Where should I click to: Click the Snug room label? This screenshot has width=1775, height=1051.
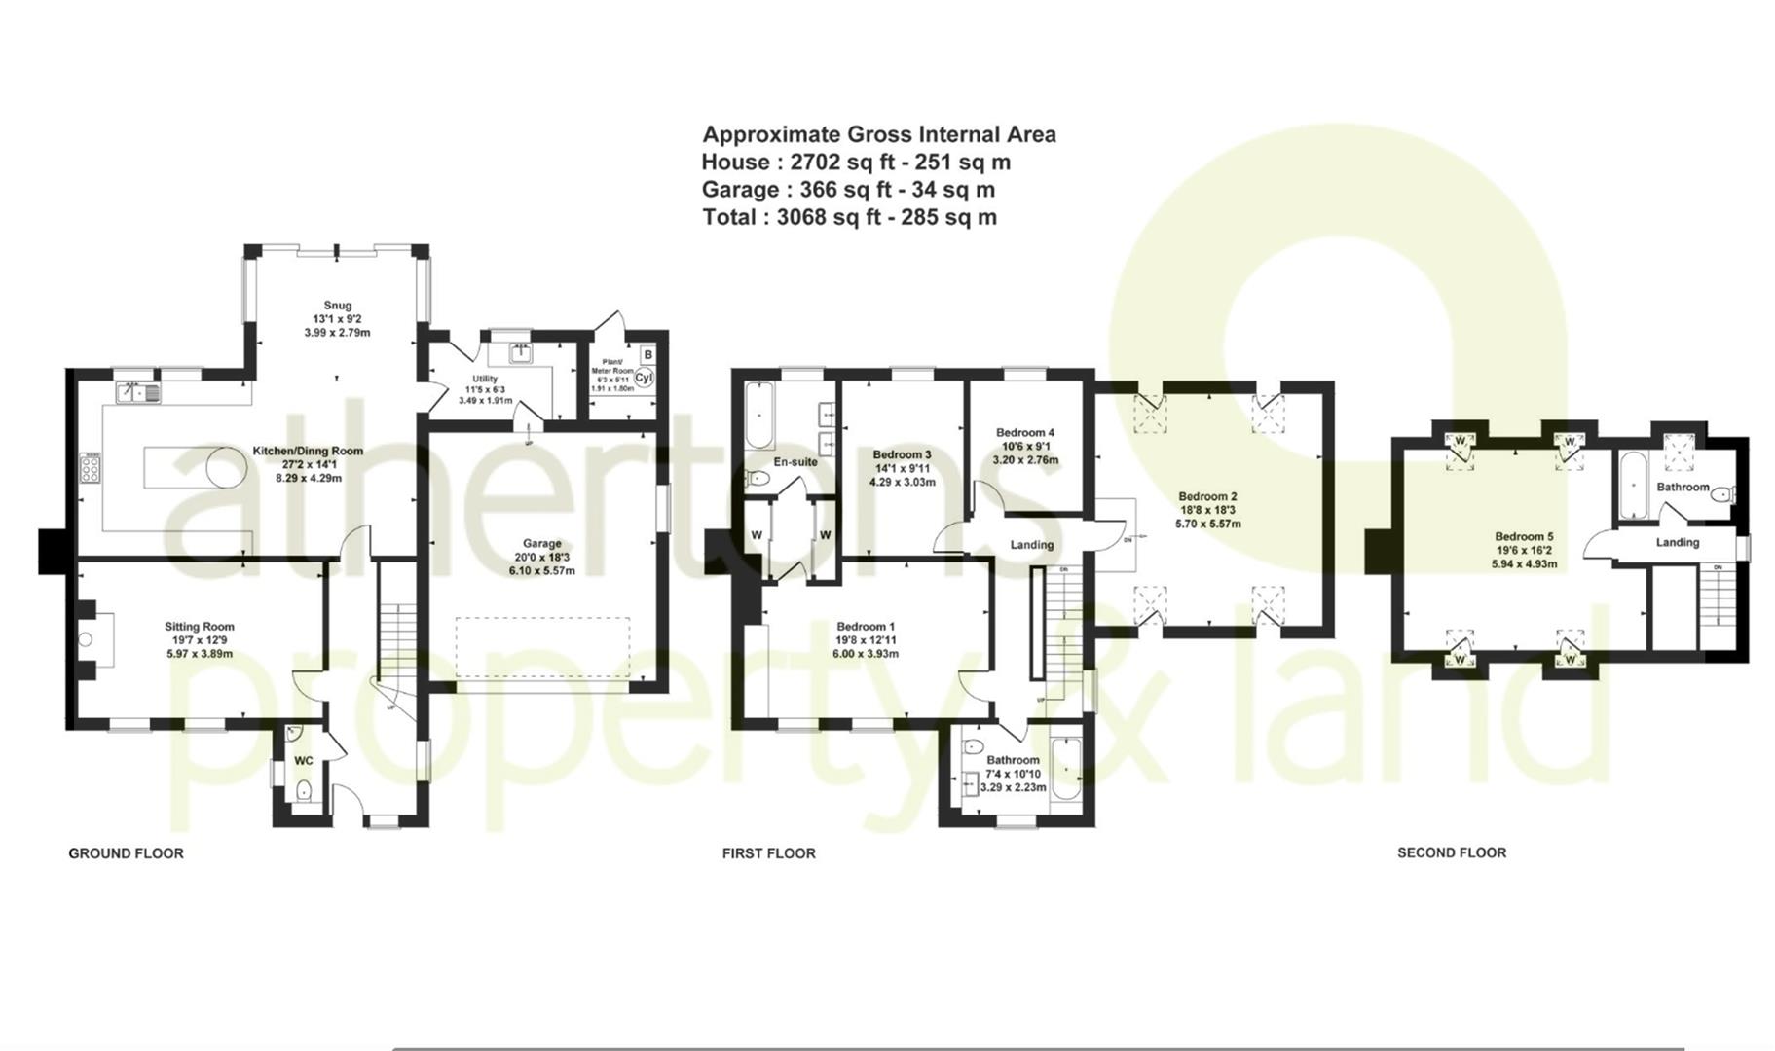pyautogui.click(x=338, y=306)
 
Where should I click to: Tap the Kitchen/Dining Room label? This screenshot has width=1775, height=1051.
pyautogui.click(x=308, y=452)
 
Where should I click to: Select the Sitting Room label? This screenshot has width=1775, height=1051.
pyautogui.click(x=200, y=627)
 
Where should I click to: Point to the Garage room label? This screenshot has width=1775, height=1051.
pyautogui.click(x=542, y=544)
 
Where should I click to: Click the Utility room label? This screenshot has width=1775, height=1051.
pyautogui.click(x=485, y=379)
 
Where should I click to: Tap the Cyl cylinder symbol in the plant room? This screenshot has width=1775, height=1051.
pyautogui.click(x=644, y=378)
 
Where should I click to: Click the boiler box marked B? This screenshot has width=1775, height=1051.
pyautogui.click(x=647, y=355)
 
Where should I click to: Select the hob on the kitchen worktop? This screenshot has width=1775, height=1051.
pyautogui.click(x=90, y=469)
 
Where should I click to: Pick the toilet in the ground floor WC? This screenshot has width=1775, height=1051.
pyautogui.click(x=303, y=789)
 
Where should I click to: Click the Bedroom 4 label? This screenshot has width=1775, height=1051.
pyautogui.click(x=1025, y=433)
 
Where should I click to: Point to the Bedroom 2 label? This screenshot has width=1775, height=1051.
pyautogui.click(x=1207, y=497)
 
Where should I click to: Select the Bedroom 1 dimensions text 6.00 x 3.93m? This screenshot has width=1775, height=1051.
pyautogui.click(x=866, y=654)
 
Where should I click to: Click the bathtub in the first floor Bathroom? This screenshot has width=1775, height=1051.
pyautogui.click(x=1065, y=769)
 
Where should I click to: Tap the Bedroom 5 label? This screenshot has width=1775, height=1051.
pyautogui.click(x=1525, y=537)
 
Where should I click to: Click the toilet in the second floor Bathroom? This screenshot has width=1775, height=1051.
pyautogui.click(x=1720, y=494)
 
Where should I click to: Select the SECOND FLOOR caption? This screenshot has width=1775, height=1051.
pyautogui.click(x=1452, y=852)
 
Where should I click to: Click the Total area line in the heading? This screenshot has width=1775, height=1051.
pyautogui.click(x=849, y=217)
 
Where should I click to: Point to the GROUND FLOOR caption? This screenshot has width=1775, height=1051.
pyautogui.click(x=126, y=853)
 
